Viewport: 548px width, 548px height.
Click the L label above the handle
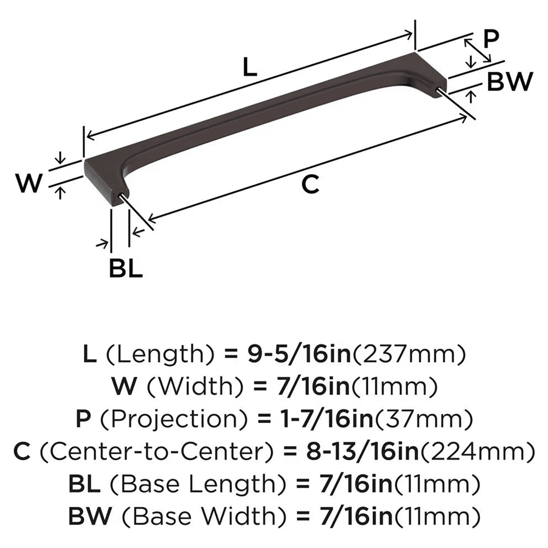pyautogui.click(x=249, y=68)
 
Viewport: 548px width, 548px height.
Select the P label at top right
pyautogui.click(x=492, y=39)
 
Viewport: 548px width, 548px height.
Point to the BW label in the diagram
pyautogui.click(x=510, y=83)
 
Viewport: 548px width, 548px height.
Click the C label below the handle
pyautogui.click(x=310, y=185)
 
